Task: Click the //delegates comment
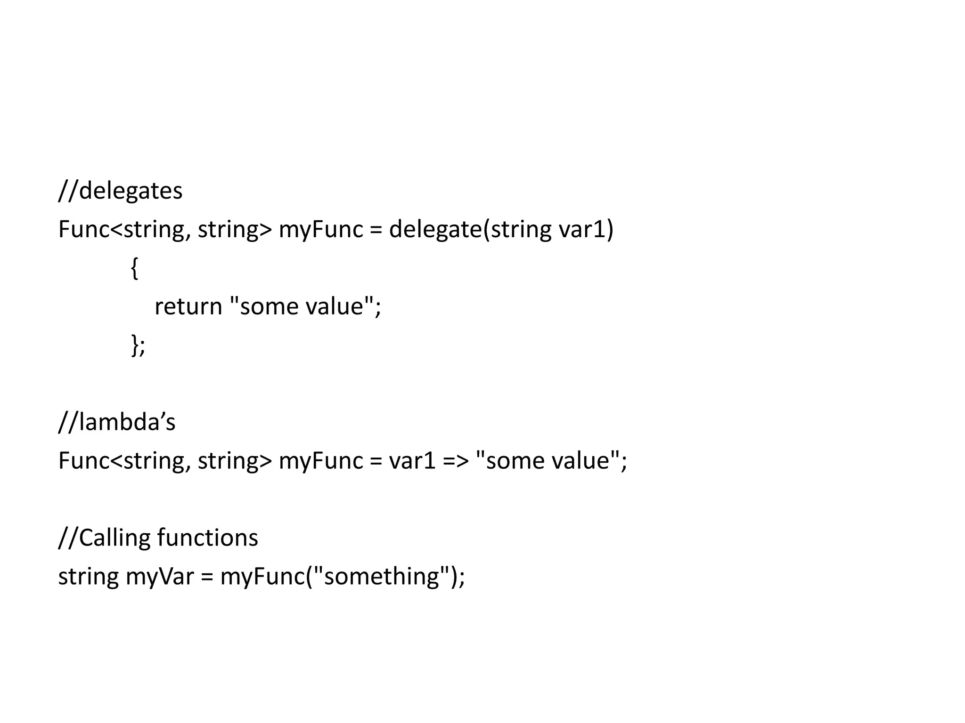(x=120, y=191)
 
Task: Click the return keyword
(x=188, y=307)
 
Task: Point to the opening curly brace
(x=134, y=269)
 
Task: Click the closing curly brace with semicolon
(x=138, y=345)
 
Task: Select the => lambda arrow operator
(x=456, y=461)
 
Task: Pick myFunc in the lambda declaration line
(x=321, y=461)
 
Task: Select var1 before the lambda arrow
(x=412, y=461)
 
